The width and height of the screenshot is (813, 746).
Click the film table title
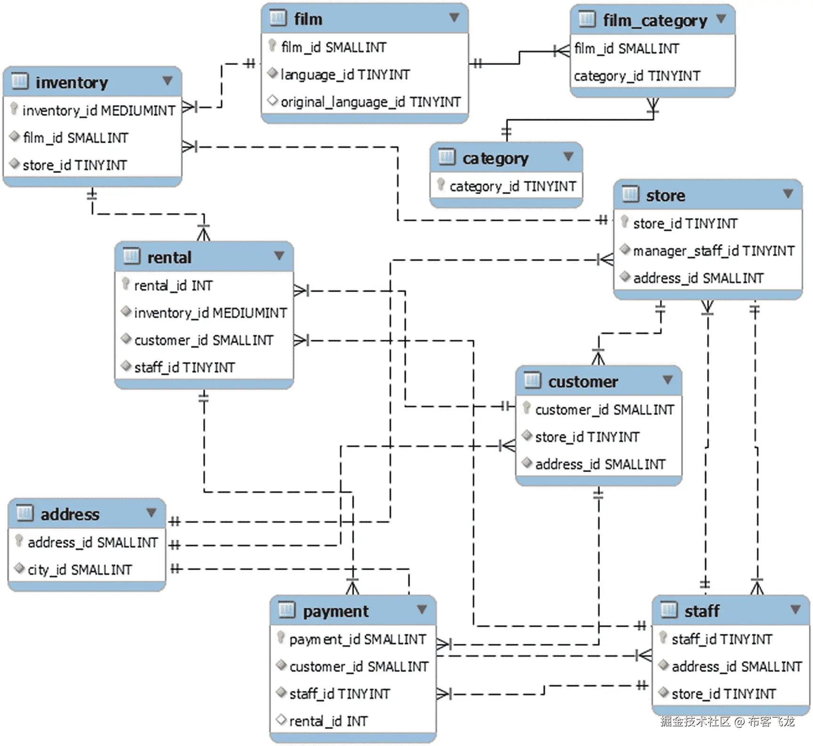[x=308, y=19]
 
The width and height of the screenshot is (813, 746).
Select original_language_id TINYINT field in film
[x=370, y=102]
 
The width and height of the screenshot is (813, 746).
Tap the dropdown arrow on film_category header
[x=721, y=19]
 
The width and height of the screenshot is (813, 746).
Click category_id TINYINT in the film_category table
[x=637, y=76]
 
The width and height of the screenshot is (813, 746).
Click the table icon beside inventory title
[x=20, y=81]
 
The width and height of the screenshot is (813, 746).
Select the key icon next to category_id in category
[x=441, y=184]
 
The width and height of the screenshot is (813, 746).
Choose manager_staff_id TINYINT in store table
[x=714, y=251]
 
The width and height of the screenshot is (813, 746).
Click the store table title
[x=665, y=196]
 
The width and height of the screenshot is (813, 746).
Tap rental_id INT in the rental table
[x=173, y=286]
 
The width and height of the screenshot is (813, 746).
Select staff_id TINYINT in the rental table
[x=184, y=367]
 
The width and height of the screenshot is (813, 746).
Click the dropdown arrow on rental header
[x=279, y=256]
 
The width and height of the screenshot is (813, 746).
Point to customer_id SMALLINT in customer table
[x=604, y=410]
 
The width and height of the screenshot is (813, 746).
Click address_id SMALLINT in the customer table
[x=600, y=464]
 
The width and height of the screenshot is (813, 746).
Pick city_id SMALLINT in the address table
[x=80, y=570]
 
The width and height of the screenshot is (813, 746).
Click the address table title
[x=70, y=514]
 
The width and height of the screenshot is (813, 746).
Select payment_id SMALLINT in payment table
[x=357, y=639]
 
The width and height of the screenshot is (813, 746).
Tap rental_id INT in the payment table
[x=328, y=721]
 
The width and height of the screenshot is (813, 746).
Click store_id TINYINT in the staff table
[x=723, y=694]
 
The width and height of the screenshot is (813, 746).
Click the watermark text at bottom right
[x=727, y=721]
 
